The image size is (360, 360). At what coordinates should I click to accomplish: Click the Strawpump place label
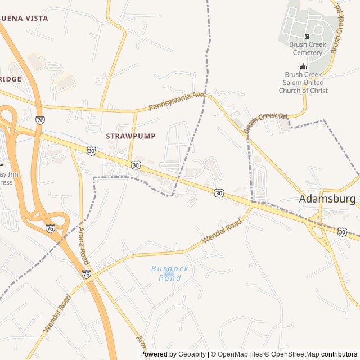click(130, 136)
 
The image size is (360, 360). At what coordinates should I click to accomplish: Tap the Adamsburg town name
click(327, 199)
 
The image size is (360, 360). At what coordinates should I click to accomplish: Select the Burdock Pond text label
click(170, 273)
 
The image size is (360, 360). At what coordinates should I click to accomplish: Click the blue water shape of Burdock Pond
click(169, 272)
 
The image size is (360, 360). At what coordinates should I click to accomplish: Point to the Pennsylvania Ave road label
click(176, 101)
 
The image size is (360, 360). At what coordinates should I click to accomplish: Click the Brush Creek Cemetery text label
click(307, 48)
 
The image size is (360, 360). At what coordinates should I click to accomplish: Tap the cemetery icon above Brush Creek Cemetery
click(307, 36)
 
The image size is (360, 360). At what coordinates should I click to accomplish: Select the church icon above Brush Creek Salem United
click(304, 66)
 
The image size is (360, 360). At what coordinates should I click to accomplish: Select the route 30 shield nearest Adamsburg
click(342, 232)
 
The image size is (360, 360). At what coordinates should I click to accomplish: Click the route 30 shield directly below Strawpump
click(136, 164)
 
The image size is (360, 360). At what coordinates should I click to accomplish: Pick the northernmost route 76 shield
click(40, 120)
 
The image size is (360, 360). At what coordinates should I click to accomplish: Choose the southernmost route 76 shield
click(86, 274)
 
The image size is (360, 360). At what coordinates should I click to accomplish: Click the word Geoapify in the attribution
click(192, 354)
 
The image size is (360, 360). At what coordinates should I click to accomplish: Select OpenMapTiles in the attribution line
click(240, 354)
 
